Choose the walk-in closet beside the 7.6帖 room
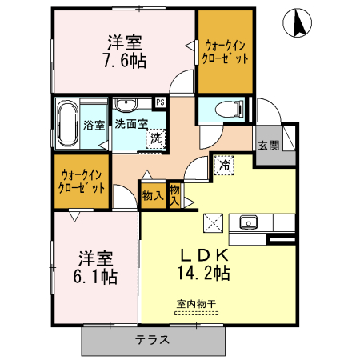tap(226, 52)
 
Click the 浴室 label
tap(94, 126)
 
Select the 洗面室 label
tap(130, 125)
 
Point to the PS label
tap(160, 102)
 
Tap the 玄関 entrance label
tap(268, 146)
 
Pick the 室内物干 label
tap(195, 304)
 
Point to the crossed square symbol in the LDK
tap(214, 222)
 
